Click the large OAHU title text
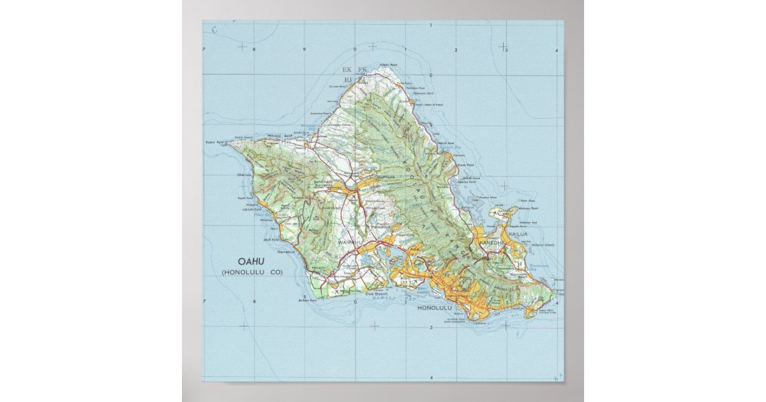[x=251, y=261]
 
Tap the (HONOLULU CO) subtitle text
[x=252, y=272]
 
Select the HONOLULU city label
[x=434, y=308]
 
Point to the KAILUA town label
[x=518, y=235]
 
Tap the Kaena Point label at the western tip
[x=214, y=142]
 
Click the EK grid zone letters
[x=347, y=69]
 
